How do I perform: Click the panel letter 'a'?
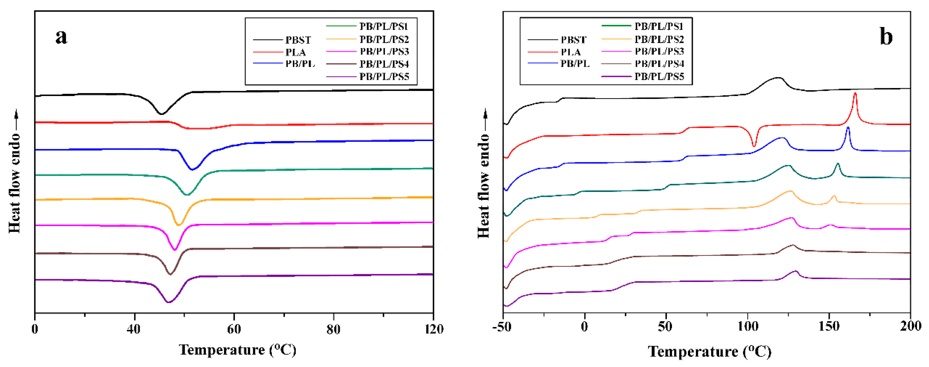[x=61, y=37]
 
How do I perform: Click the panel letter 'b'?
[x=886, y=37]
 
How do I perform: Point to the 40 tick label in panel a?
[x=134, y=329]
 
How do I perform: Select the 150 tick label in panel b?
[x=829, y=327]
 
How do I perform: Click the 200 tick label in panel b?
[x=910, y=327]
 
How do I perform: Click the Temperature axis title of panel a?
[x=238, y=350]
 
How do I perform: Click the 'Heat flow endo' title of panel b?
[x=484, y=186]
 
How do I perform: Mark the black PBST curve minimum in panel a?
[x=162, y=114]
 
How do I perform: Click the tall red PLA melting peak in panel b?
[x=855, y=94]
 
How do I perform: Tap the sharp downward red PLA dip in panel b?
[x=754, y=146]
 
